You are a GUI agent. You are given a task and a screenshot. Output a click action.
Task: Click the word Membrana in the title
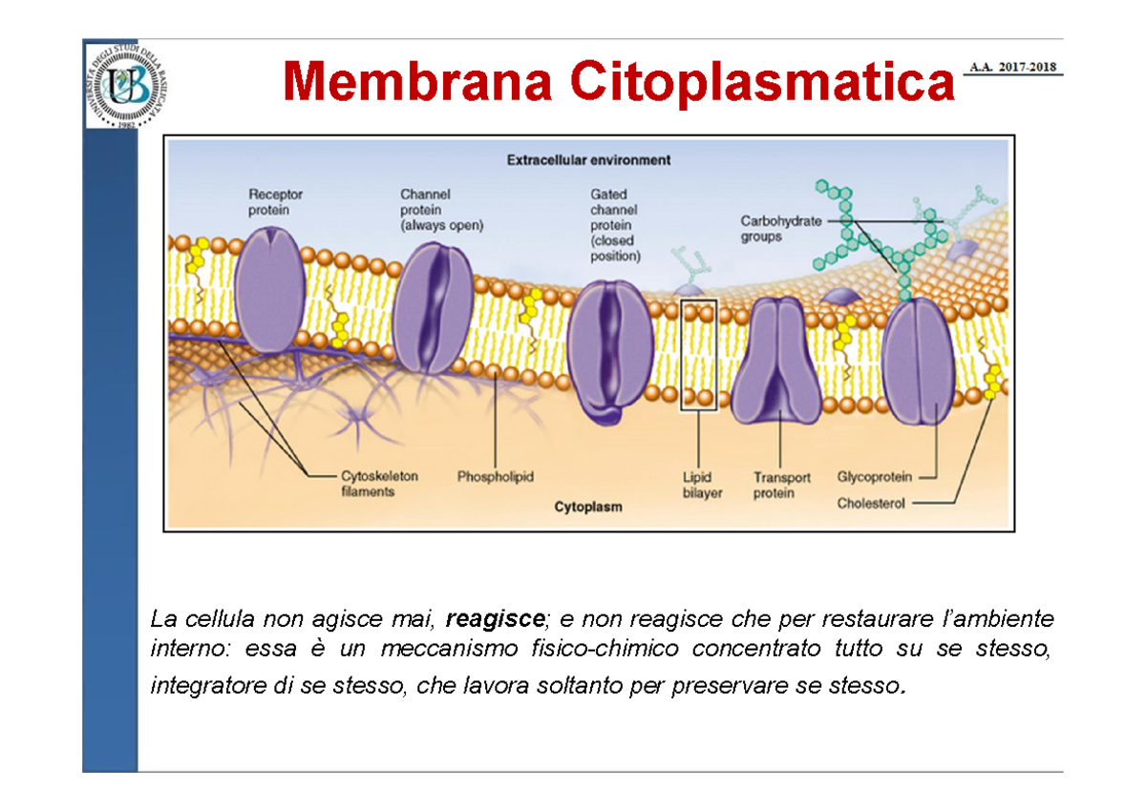(416, 81)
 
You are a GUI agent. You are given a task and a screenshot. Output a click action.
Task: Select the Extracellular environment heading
(588, 160)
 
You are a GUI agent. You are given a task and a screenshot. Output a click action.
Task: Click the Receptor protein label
(275, 201)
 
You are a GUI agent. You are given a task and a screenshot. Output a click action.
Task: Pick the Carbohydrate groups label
(780, 228)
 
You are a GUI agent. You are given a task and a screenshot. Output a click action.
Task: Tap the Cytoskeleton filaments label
(379, 483)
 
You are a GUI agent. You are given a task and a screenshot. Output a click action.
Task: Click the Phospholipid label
(495, 475)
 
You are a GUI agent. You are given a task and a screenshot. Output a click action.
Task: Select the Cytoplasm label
(588, 507)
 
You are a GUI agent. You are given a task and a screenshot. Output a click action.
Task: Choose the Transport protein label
(781, 485)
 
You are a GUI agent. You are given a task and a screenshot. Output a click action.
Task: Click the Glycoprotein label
(874, 476)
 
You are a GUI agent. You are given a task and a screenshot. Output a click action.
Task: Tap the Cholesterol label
(871, 503)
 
